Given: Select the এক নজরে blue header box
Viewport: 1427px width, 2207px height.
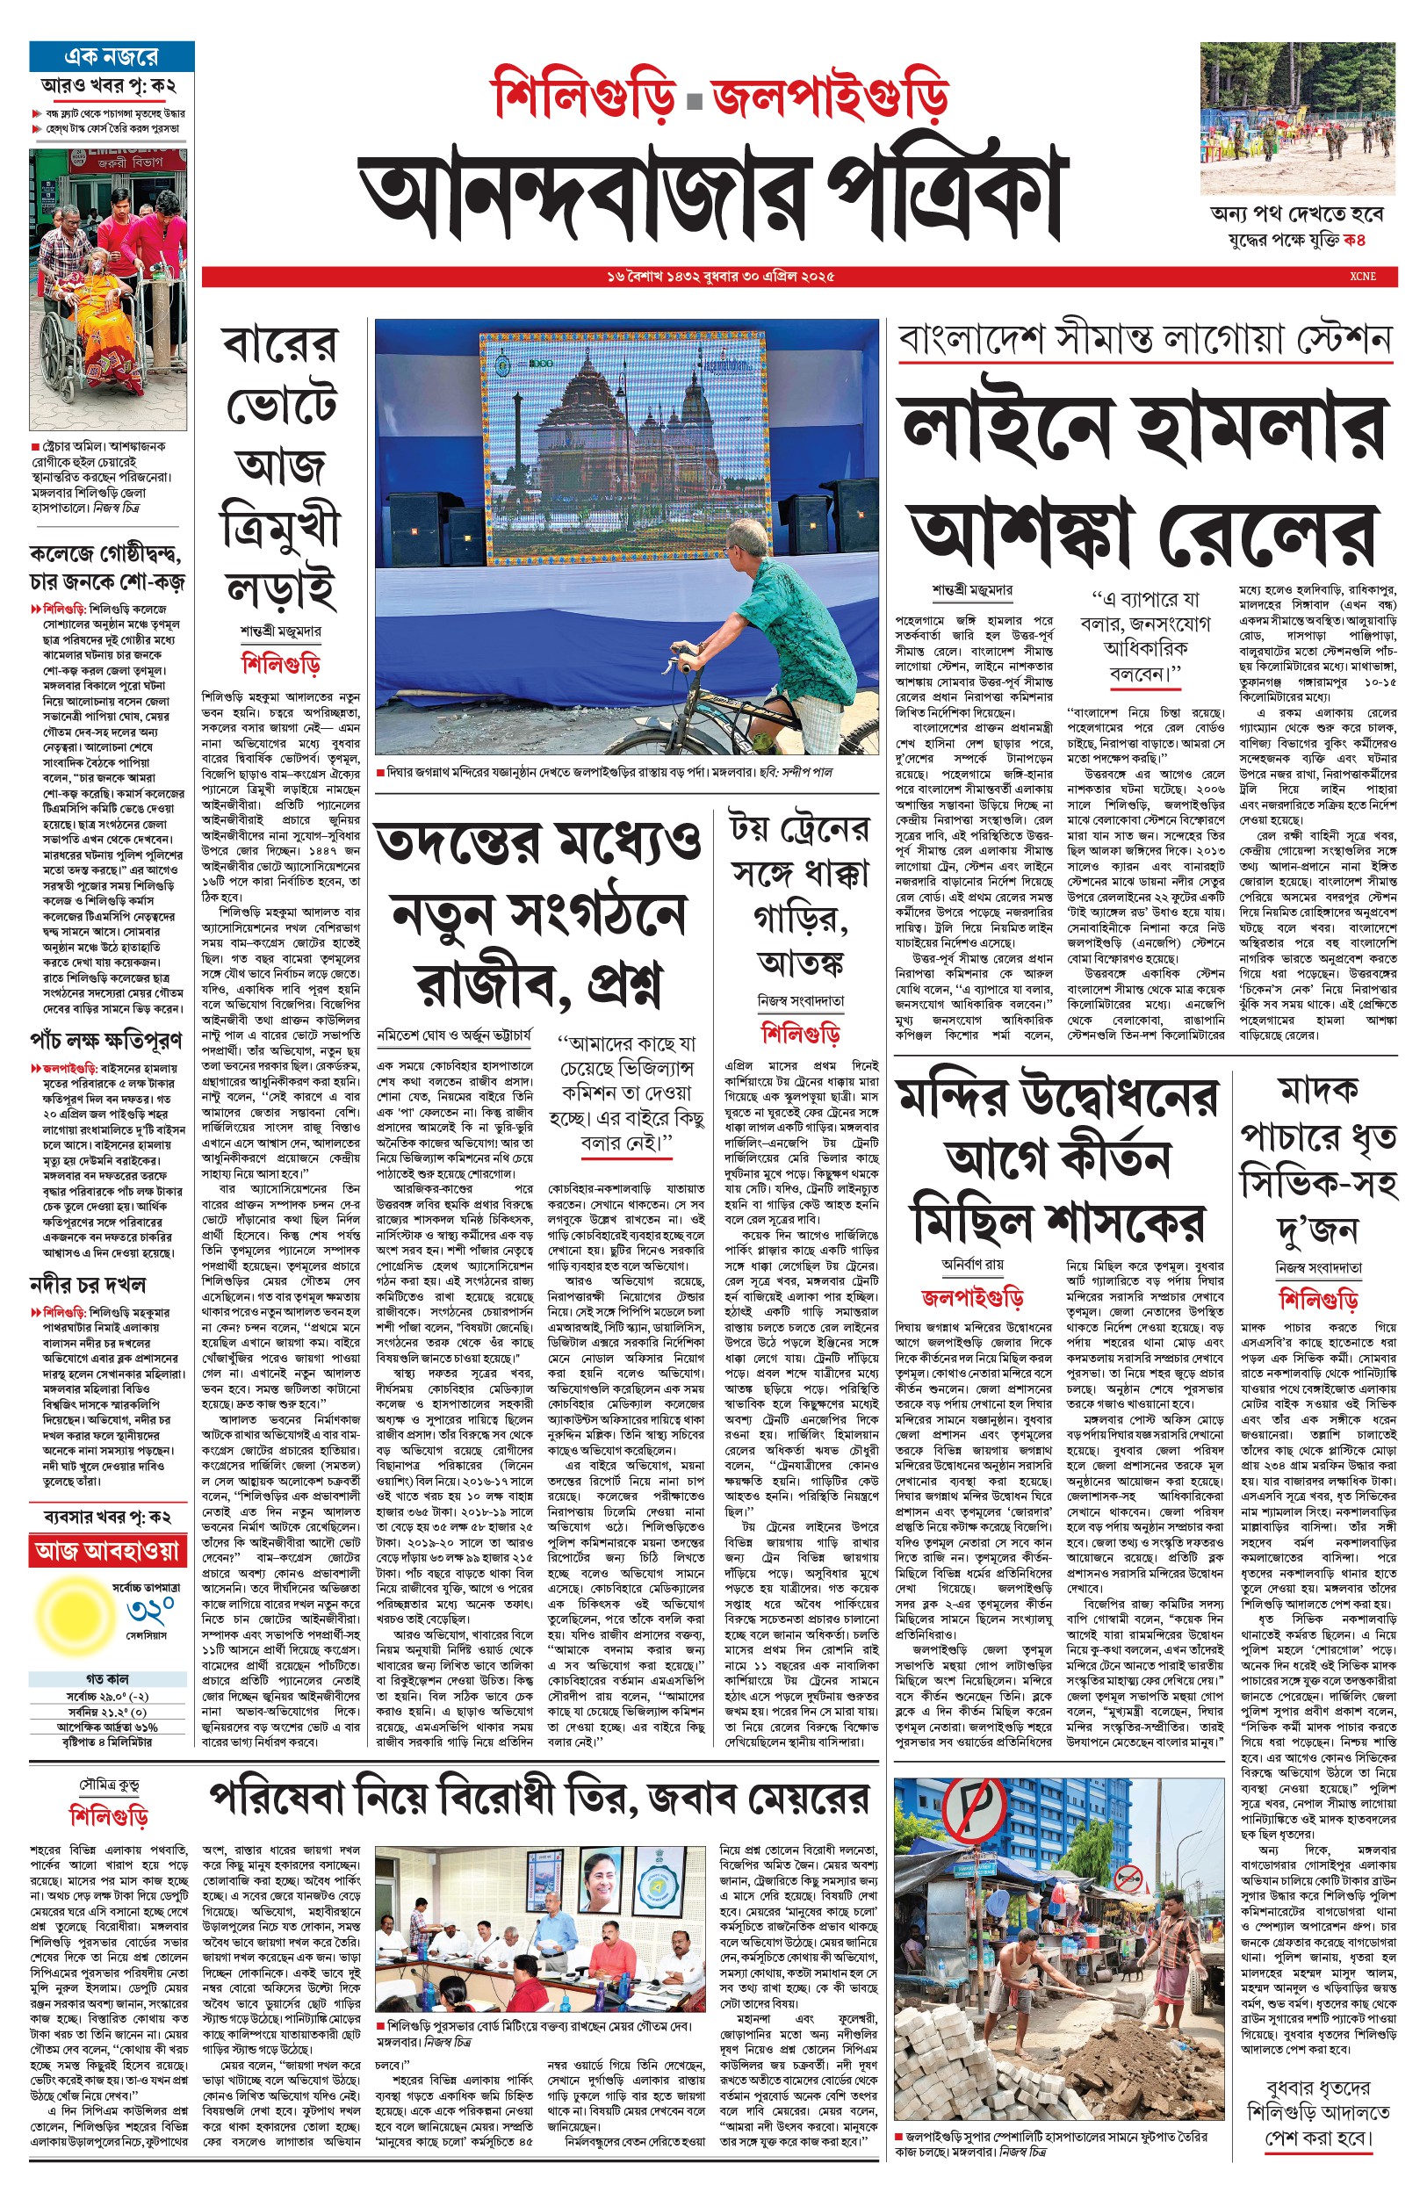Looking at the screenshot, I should tap(112, 56).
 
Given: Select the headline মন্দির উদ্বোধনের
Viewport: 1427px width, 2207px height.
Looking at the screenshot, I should tap(1057, 1099).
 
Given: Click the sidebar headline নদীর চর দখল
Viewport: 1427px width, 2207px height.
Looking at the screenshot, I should tap(88, 1284).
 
